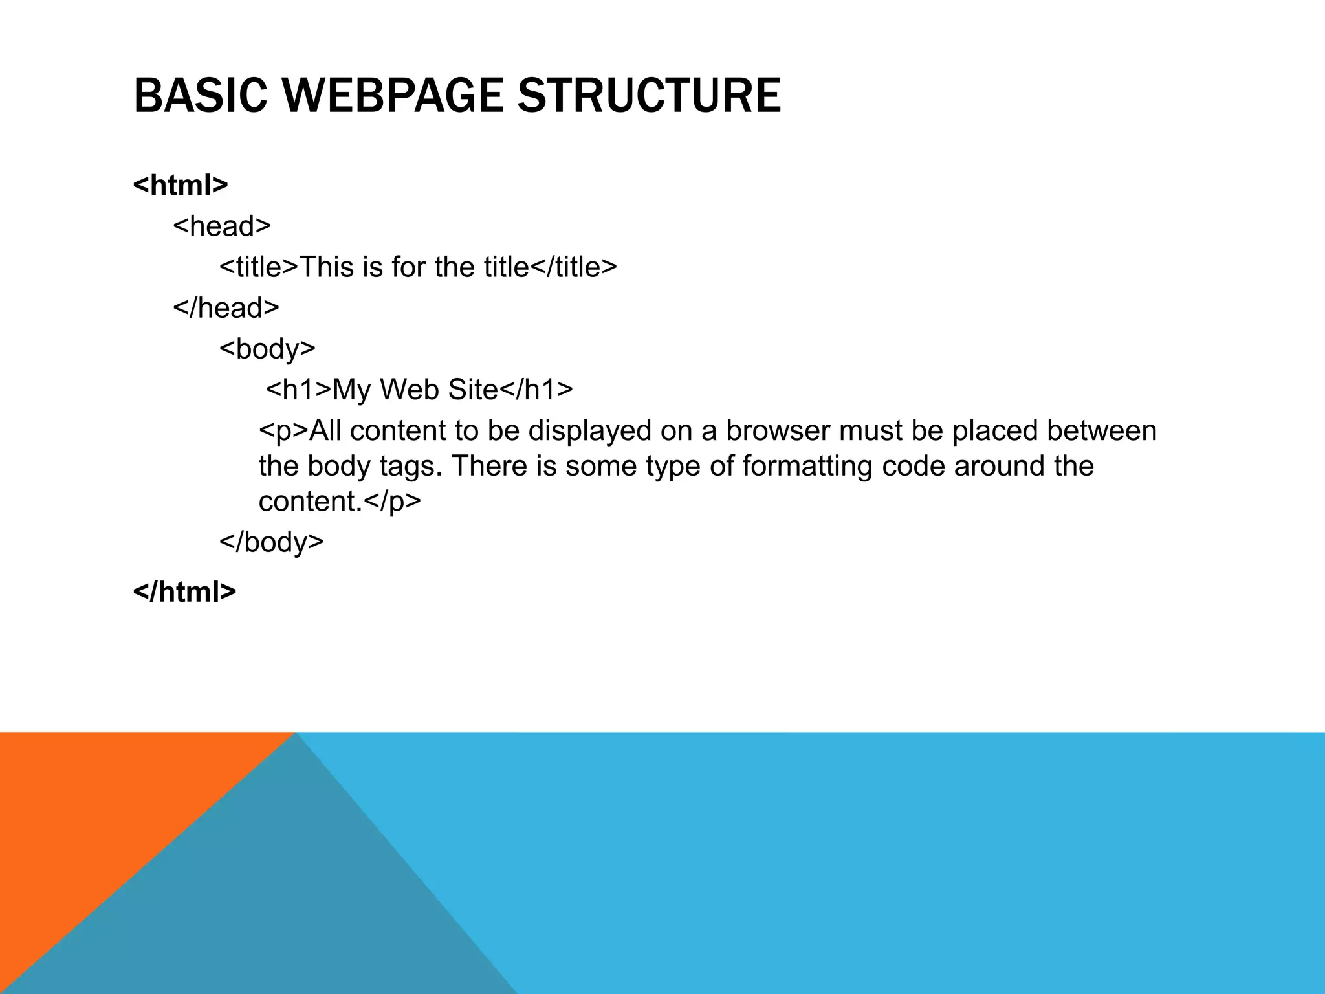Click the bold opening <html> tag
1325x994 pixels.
tap(181, 185)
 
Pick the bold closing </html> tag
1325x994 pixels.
tap(184, 591)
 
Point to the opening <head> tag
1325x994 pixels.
tap(222, 226)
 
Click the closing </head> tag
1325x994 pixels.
tap(226, 307)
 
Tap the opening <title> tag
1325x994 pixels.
tap(259, 267)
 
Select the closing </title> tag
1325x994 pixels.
tap(573, 267)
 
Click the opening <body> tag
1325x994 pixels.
tap(267, 349)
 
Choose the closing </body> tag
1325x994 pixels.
tap(271, 541)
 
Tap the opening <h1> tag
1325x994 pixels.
tap(298, 390)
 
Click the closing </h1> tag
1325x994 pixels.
tap(536, 390)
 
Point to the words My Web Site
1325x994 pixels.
tap(415, 390)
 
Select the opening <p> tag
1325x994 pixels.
tap(283, 431)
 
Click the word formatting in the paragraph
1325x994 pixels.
tap(807, 466)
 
